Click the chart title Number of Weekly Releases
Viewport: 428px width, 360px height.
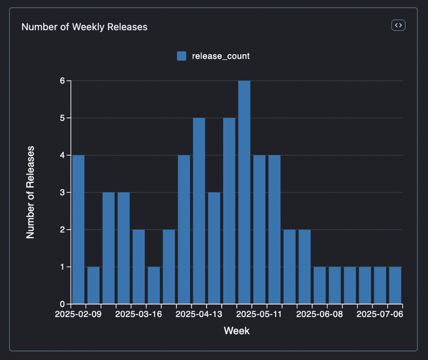click(84, 27)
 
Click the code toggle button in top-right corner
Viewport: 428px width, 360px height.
click(398, 25)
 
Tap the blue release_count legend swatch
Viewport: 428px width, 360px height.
click(182, 56)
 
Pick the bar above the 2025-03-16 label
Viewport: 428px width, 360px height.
click(139, 266)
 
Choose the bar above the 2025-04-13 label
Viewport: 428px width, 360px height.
click(199, 211)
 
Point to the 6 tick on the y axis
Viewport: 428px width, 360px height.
click(62, 81)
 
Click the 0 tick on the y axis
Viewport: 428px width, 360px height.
click(62, 304)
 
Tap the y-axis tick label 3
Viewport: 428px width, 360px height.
click(62, 192)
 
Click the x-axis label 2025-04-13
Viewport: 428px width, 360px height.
click(199, 314)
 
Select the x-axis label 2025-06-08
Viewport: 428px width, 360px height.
click(319, 314)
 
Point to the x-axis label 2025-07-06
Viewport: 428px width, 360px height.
click(380, 314)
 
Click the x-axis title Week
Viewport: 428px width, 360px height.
click(236, 331)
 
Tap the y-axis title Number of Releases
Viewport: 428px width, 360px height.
click(30, 192)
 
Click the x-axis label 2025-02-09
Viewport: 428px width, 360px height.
click(78, 314)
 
